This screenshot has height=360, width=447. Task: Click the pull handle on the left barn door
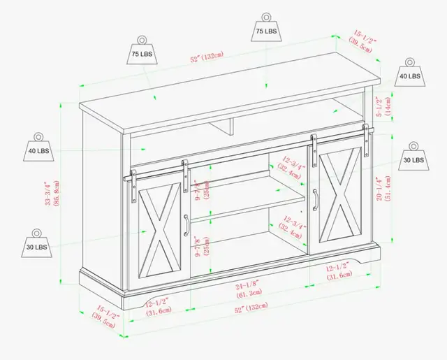point(186,225)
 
